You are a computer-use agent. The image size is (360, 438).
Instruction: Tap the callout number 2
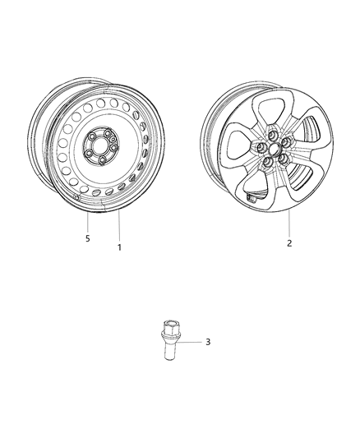[288, 243]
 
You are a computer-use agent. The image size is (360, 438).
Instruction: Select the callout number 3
[208, 342]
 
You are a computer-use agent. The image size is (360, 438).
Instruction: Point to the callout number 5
[87, 238]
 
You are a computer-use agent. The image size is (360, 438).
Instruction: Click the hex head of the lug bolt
[172, 325]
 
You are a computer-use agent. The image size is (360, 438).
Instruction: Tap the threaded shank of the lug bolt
[173, 351]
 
